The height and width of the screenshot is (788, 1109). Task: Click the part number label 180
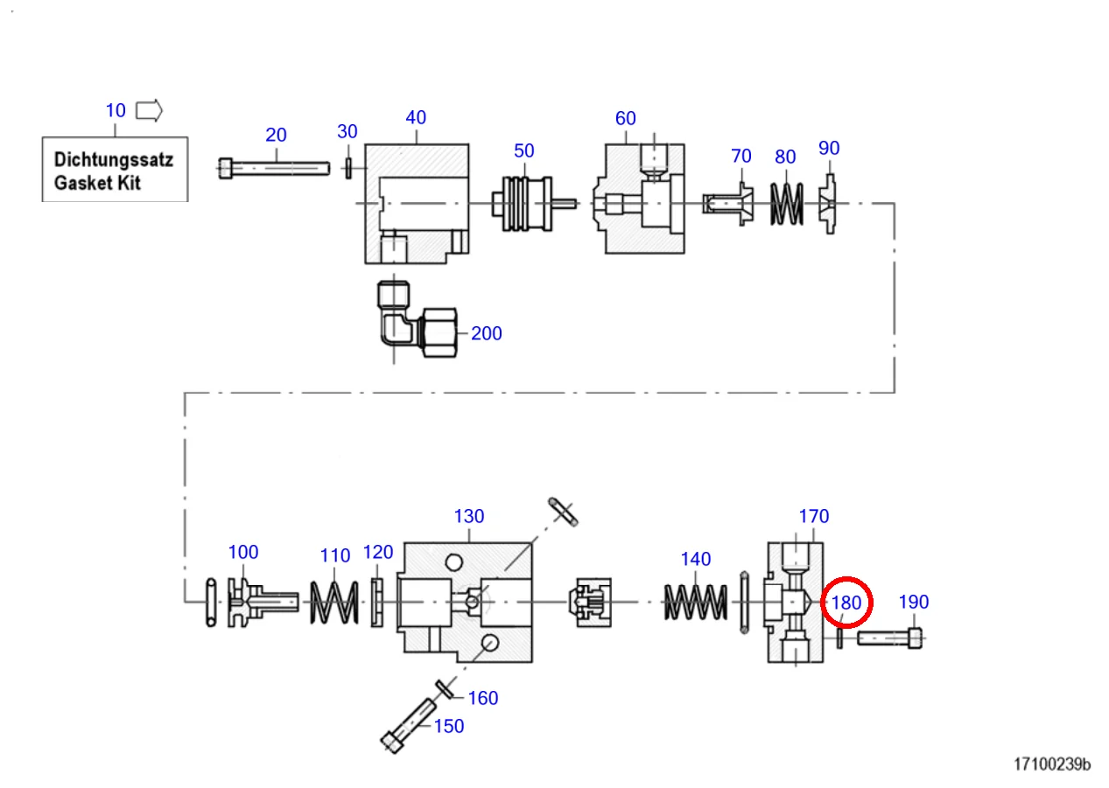[x=846, y=603]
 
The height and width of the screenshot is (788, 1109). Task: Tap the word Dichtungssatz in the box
[x=114, y=160]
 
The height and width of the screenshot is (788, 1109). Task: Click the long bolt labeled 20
[x=273, y=167]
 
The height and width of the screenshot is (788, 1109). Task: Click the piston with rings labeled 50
[x=523, y=203]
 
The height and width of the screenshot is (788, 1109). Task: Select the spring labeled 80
[x=786, y=203]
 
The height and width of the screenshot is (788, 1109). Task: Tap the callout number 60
[x=625, y=119]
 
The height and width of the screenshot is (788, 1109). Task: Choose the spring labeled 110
[x=335, y=603]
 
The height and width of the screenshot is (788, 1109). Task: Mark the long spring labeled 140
[x=696, y=603]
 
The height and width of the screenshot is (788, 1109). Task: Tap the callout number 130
[x=468, y=517]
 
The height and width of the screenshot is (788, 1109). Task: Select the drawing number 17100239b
[x=1052, y=764]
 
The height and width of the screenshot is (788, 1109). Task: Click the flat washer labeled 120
[x=378, y=602]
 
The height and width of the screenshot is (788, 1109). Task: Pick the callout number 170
[x=813, y=517]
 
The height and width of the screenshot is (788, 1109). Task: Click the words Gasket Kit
[x=97, y=184]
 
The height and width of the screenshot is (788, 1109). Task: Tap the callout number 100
[x=243, y=553]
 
